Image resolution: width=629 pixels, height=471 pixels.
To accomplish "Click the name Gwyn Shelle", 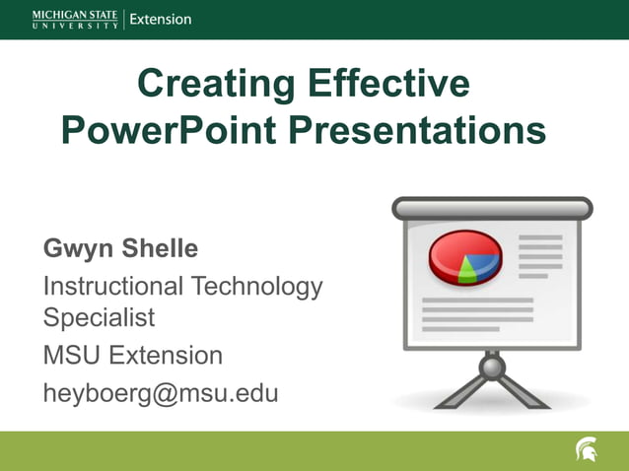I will click(120, 249).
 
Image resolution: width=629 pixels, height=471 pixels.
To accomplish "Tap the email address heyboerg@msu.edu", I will click(161, 393).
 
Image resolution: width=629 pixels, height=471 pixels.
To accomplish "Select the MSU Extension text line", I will click(133, 355).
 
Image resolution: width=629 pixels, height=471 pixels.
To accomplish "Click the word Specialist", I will click(99, 319).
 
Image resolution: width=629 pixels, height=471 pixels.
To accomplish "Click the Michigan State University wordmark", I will click(75, 19).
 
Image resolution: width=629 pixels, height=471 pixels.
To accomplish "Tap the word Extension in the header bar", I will click(161, 19).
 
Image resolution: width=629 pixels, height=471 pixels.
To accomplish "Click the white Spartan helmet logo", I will click(587, 450).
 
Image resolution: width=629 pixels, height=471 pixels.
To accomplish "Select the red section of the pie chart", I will click(450, 252).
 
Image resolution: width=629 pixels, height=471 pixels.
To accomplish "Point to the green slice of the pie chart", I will click(468, 273).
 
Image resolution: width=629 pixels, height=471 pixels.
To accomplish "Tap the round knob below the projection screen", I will click(492, 368).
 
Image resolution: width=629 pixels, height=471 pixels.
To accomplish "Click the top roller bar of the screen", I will click(492, 208).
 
